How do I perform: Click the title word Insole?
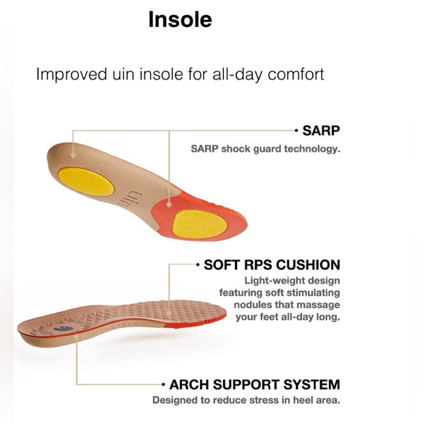(180, 20)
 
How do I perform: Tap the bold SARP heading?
(322, 132)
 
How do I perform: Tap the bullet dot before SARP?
(296, 132)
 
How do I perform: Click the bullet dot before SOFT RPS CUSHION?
(198, 265)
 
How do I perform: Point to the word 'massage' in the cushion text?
(319, 304)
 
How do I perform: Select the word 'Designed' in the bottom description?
(175, 400)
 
